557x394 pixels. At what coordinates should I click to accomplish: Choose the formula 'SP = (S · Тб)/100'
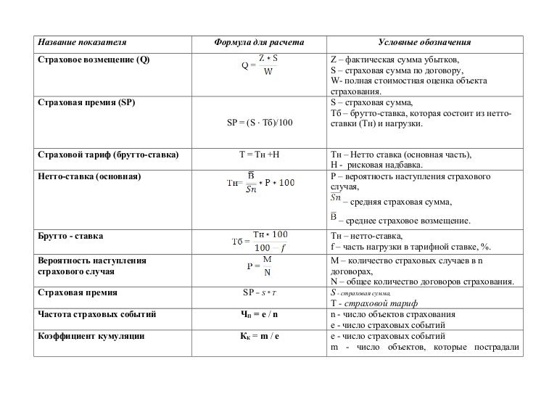(259, 123)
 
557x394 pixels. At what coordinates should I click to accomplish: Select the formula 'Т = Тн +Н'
(260, 155)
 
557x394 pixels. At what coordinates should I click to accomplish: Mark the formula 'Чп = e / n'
(260, 315)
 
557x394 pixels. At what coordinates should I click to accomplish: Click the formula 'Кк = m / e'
(260, 337)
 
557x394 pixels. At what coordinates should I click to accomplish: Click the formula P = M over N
(260, 266)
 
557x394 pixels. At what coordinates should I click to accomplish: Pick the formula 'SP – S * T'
(260, 293)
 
